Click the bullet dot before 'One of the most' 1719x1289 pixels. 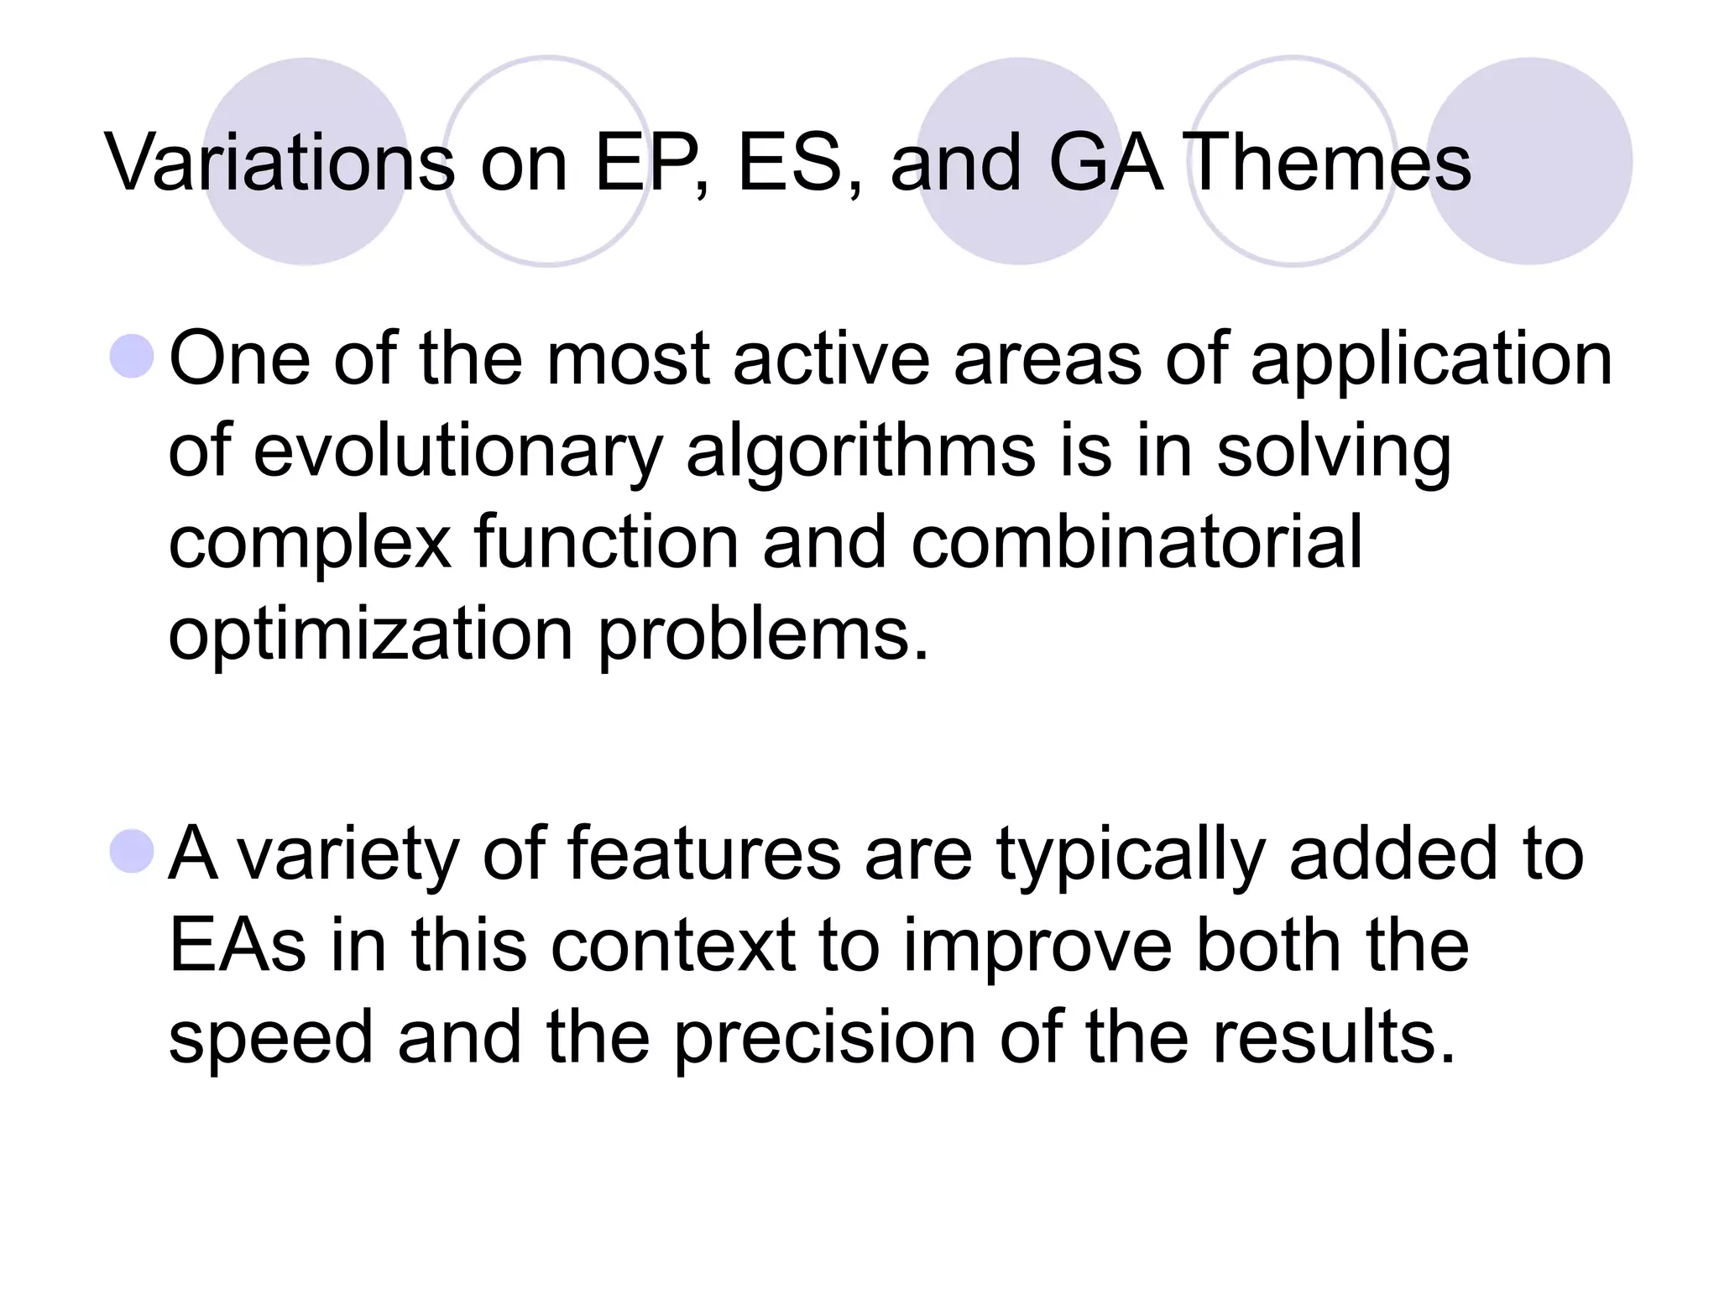(x=133, y=357)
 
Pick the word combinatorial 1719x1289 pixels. (x=1137, y=543)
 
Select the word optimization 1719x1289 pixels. (x=370, y=636)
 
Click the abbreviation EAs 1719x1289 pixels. (x=238, y=945)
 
